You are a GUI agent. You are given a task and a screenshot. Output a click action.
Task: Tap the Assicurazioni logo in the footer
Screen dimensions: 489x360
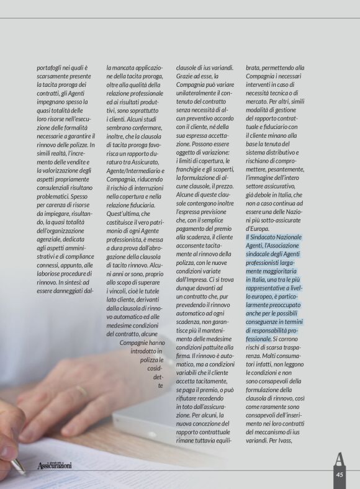point(54,465)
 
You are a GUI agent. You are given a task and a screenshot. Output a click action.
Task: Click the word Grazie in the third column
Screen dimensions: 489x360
point(187,79)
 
